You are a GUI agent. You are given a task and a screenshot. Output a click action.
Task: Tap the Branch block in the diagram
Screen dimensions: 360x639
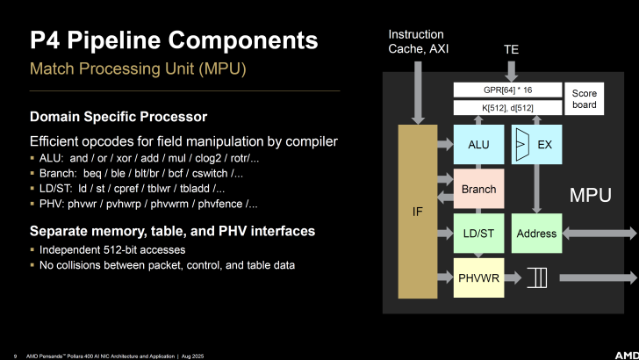tap(477, 189)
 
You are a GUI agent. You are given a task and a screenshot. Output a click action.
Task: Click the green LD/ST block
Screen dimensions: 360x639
tap(477, 234)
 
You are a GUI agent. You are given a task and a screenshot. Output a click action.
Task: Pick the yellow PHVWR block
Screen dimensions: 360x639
tap(477, 277)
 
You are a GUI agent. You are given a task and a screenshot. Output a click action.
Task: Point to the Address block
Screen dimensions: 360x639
tap(536, 234)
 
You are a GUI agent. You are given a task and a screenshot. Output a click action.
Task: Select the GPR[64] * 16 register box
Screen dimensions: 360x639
tap(506, 90)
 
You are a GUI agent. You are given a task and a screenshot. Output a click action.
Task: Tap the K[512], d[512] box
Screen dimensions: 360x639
tap(506, 108)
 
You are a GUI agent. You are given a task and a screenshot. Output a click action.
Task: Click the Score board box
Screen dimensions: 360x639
tap(584, 99)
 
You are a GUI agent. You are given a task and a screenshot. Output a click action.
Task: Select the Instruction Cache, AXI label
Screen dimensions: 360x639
tap(419, 41)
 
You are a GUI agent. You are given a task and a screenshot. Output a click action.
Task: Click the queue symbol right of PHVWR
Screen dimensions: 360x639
tap(536, 277)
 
